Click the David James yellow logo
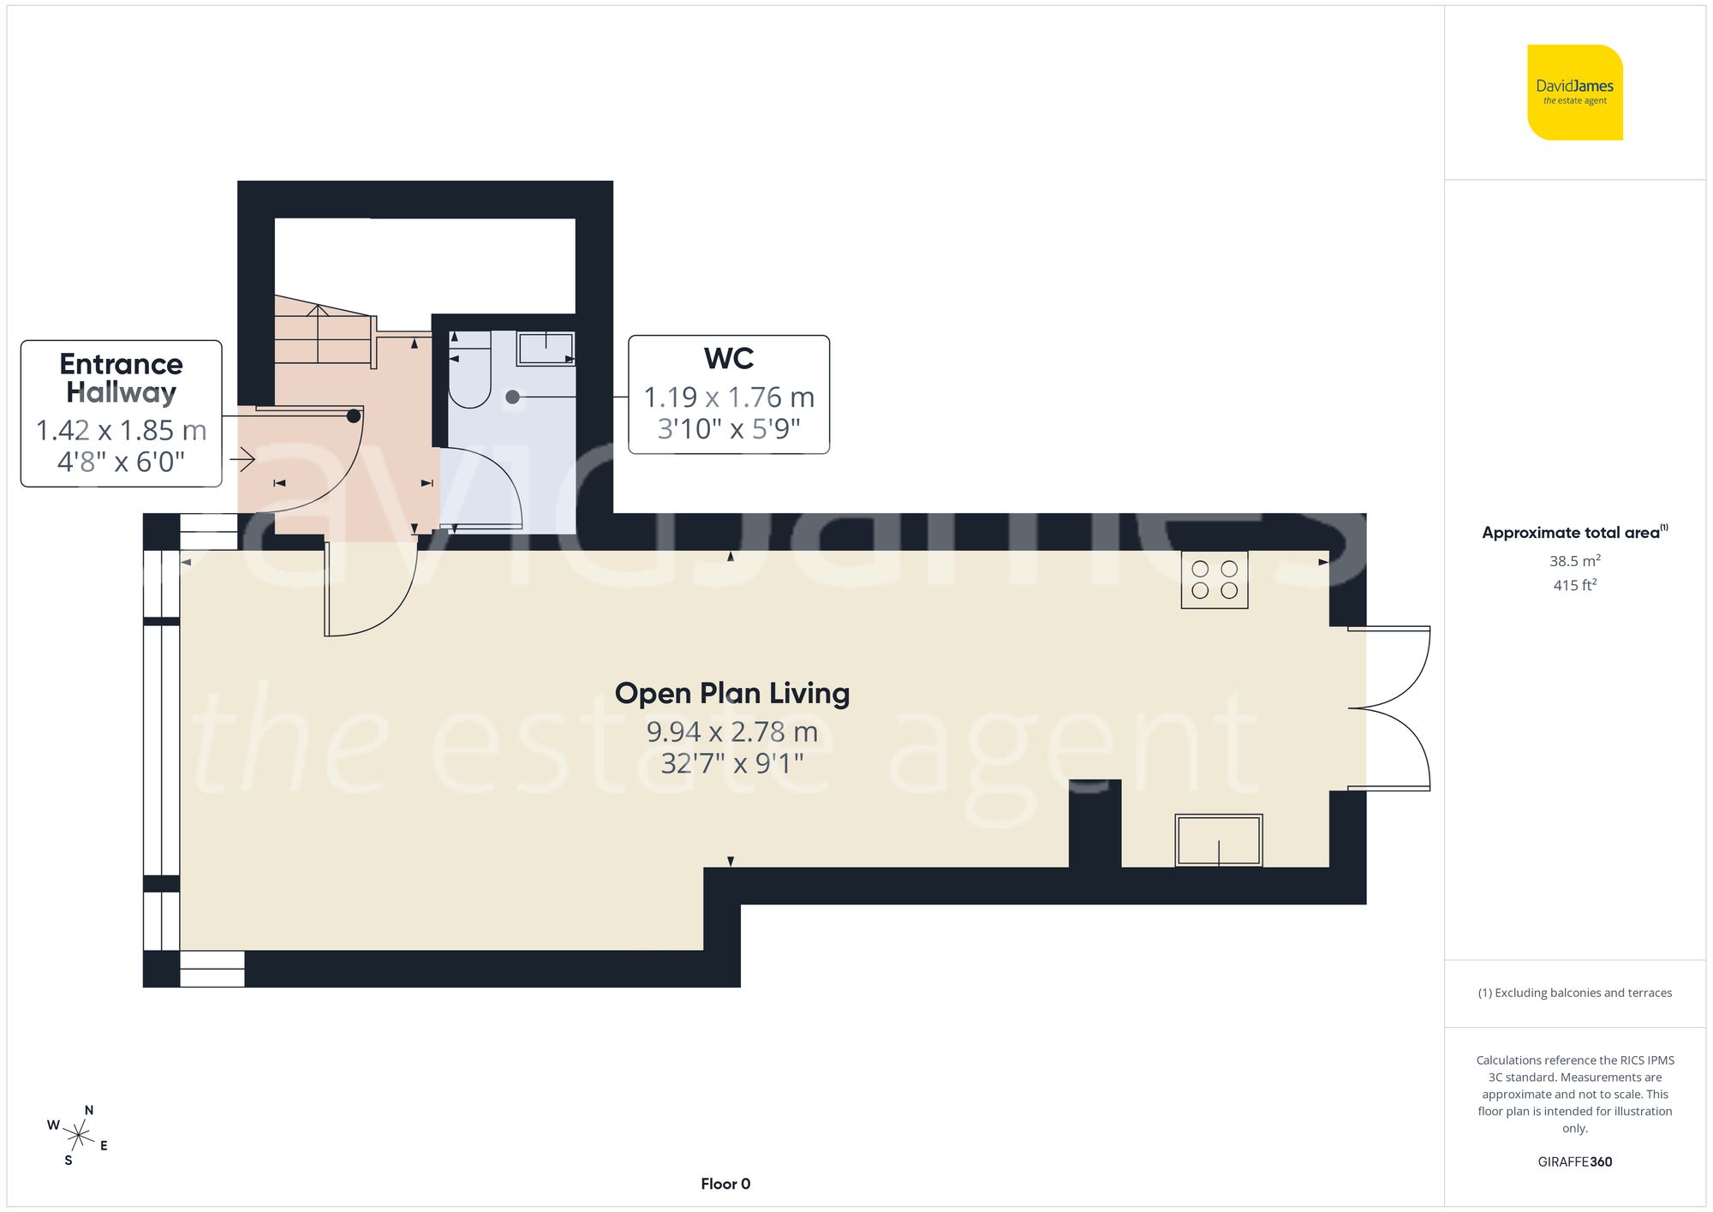1574,93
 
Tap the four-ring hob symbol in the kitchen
1214,580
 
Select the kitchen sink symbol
1218,840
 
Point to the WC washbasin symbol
546,349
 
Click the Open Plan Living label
731,693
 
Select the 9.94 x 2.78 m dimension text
731,731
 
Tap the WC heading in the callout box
728,358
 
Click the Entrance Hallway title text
121,378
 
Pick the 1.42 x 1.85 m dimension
121,430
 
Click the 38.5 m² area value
1574,561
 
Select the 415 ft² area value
1574,585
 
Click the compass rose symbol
78,1136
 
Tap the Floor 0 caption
725,1184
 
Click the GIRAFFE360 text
1574,1161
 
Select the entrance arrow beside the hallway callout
242,460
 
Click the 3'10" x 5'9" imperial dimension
728,428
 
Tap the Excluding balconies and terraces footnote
1574,993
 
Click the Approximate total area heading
1573,532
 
